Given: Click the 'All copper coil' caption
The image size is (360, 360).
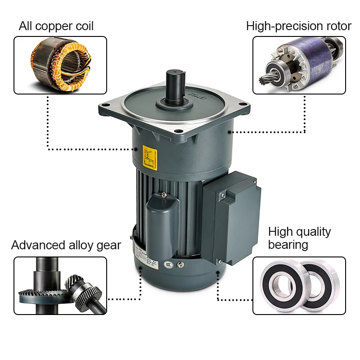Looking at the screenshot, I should (56, 26).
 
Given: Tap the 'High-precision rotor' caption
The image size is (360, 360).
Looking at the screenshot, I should (298, 26).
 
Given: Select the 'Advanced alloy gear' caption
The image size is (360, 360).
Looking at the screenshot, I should (66, 245).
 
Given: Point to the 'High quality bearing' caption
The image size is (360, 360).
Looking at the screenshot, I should (299, 238).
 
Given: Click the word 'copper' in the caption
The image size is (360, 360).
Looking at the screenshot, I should (54, 26).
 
